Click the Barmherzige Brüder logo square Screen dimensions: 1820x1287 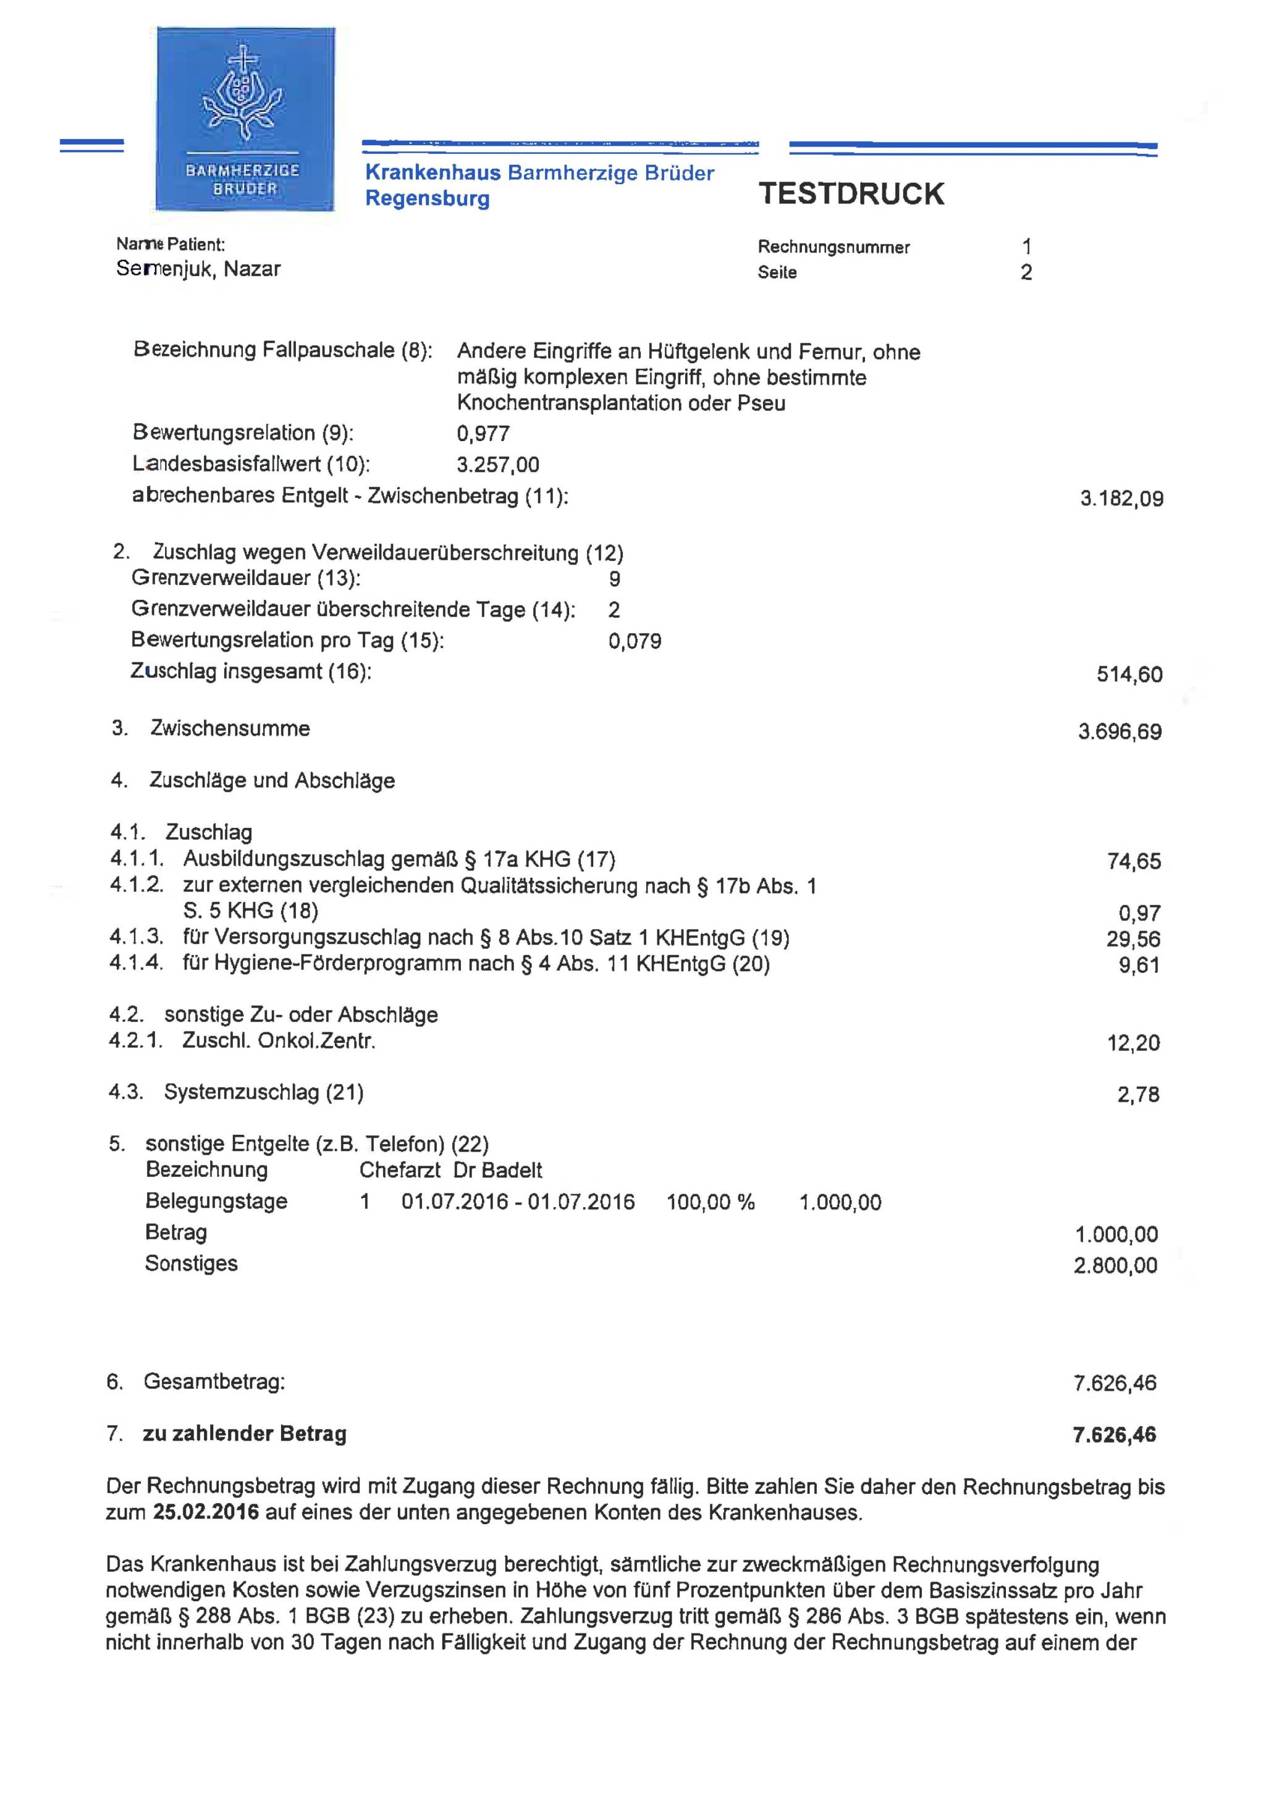pyautogui.click(x=245, y=119)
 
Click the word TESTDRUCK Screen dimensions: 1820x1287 pyautogui.click(x=851, y=194)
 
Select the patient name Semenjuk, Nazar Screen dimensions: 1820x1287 pyautogui.click(x=198, y=269)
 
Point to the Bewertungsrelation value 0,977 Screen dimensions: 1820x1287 pyautogui.click(x=483, y=434)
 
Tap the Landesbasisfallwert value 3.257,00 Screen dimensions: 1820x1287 pyautogui.click(x=498, y=465)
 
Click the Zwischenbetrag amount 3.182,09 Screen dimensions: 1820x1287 pyautogui.click(x=1121, y=499)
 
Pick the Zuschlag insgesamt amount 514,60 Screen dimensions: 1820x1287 pyautogui.click(x=1129, y=675)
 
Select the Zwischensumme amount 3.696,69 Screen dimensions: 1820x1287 pyautogui.click(x=1120, y=731)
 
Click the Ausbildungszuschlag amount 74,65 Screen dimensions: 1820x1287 pyautogui.click(x=1134, y=862)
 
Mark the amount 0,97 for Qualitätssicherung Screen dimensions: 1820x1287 pyautogui.click(x=1141, y=914)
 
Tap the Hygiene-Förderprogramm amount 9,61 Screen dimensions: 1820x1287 pyautogui.click(x=1139, y=966)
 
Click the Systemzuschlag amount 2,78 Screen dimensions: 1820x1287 pyautogui.click(x=1138, y=1095)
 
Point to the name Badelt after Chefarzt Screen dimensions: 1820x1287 pyautogui.click(x=512, y=1170)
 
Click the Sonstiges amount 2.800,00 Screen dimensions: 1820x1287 pyautogui.click(x=1115, y=1265)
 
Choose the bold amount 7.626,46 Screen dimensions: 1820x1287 pyautogui.click(x=1114, y=1435)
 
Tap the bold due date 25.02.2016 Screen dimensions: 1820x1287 pyautogui.click(x=206, y=1512)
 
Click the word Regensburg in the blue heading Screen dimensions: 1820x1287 pyautogui.click(x=428, y=198)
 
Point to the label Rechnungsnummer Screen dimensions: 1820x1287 pyautogui.click(x=833, y=247)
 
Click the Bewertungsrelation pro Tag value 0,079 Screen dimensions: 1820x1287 pyautogui.click(x=635, y=641)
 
